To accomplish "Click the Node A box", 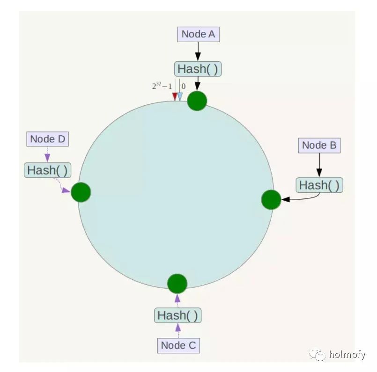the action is pyautogui.click(x=198, y=34).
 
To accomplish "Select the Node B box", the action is pyautogui.click(x=319, y=145).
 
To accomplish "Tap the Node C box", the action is pyautogui.click(x=178, y=345).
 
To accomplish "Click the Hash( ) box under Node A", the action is pyautogui.click(x=198, y=69).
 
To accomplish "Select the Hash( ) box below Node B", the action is pyautogui.click(x=319, y=185).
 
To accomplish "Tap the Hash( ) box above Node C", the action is pyautogui.click(x=177, y=315).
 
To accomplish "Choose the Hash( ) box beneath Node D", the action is pyautogui.click(x=47, y=170).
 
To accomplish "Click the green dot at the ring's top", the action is pyautogui.click(x=197, y=101).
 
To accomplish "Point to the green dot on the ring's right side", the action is pyautogui.click(x=271, y=200).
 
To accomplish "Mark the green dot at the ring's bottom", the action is pyautogui.click(x=177, y=284).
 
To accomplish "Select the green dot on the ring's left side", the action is pyautogui.click(x=81, y=192).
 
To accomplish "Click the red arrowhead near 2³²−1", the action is pyautogui.click(x=175, y=96).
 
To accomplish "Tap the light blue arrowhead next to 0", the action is pyautogui.click(x=180, y=96).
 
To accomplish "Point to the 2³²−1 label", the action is pyautogui.click(x=162, y=86).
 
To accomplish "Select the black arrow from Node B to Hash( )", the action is pyautogui.click(x=319, y=165).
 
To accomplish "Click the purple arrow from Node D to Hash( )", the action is pyautogui.click(x=47, y=154).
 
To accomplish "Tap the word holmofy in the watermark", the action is pyautogui.click(x=347, y=355).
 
